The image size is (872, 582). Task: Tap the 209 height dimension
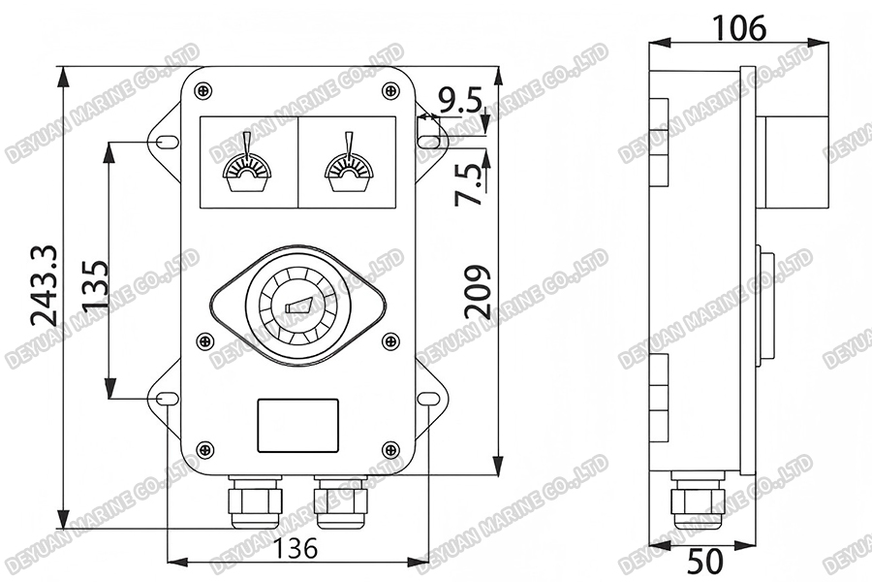coord(476,291)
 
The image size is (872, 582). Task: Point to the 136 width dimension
coord(296,548)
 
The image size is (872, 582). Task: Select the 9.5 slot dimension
coord(459,98)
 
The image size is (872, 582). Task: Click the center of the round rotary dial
coord(297,305)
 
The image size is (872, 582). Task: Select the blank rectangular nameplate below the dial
coord(297,425)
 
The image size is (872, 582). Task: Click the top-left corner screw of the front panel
coord(202,90)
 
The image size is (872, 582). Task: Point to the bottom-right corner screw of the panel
coord(391,449)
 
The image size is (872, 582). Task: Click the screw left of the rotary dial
coord(203,340)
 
